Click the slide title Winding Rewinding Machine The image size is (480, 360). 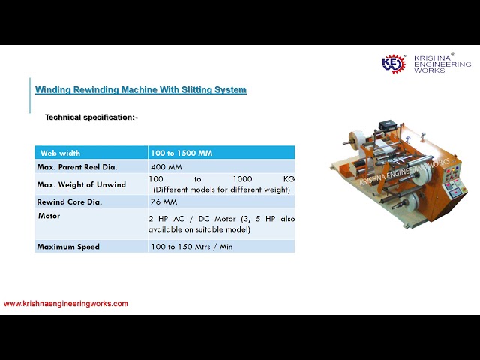tap(141, 90)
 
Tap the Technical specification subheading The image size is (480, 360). tap(91, 118)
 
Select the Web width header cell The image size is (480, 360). tap(60, 153)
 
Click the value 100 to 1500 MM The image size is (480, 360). tap(181, 153)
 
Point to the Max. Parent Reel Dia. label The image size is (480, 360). tap(77, 167)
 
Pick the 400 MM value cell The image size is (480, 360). tap(166, 167)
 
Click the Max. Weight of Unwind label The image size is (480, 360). tap(81, 184)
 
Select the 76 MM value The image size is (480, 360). tap(163, 202)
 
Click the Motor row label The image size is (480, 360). tap(49, 216)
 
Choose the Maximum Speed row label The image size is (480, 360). tap(68, 246)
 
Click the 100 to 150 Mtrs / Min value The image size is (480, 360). tap(191, 246)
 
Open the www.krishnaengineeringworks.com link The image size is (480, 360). tap(66, 304)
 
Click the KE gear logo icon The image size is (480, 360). tap(394, 64)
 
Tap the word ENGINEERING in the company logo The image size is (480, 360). tap(443, 64)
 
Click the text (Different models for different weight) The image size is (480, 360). tap(221, 190)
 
